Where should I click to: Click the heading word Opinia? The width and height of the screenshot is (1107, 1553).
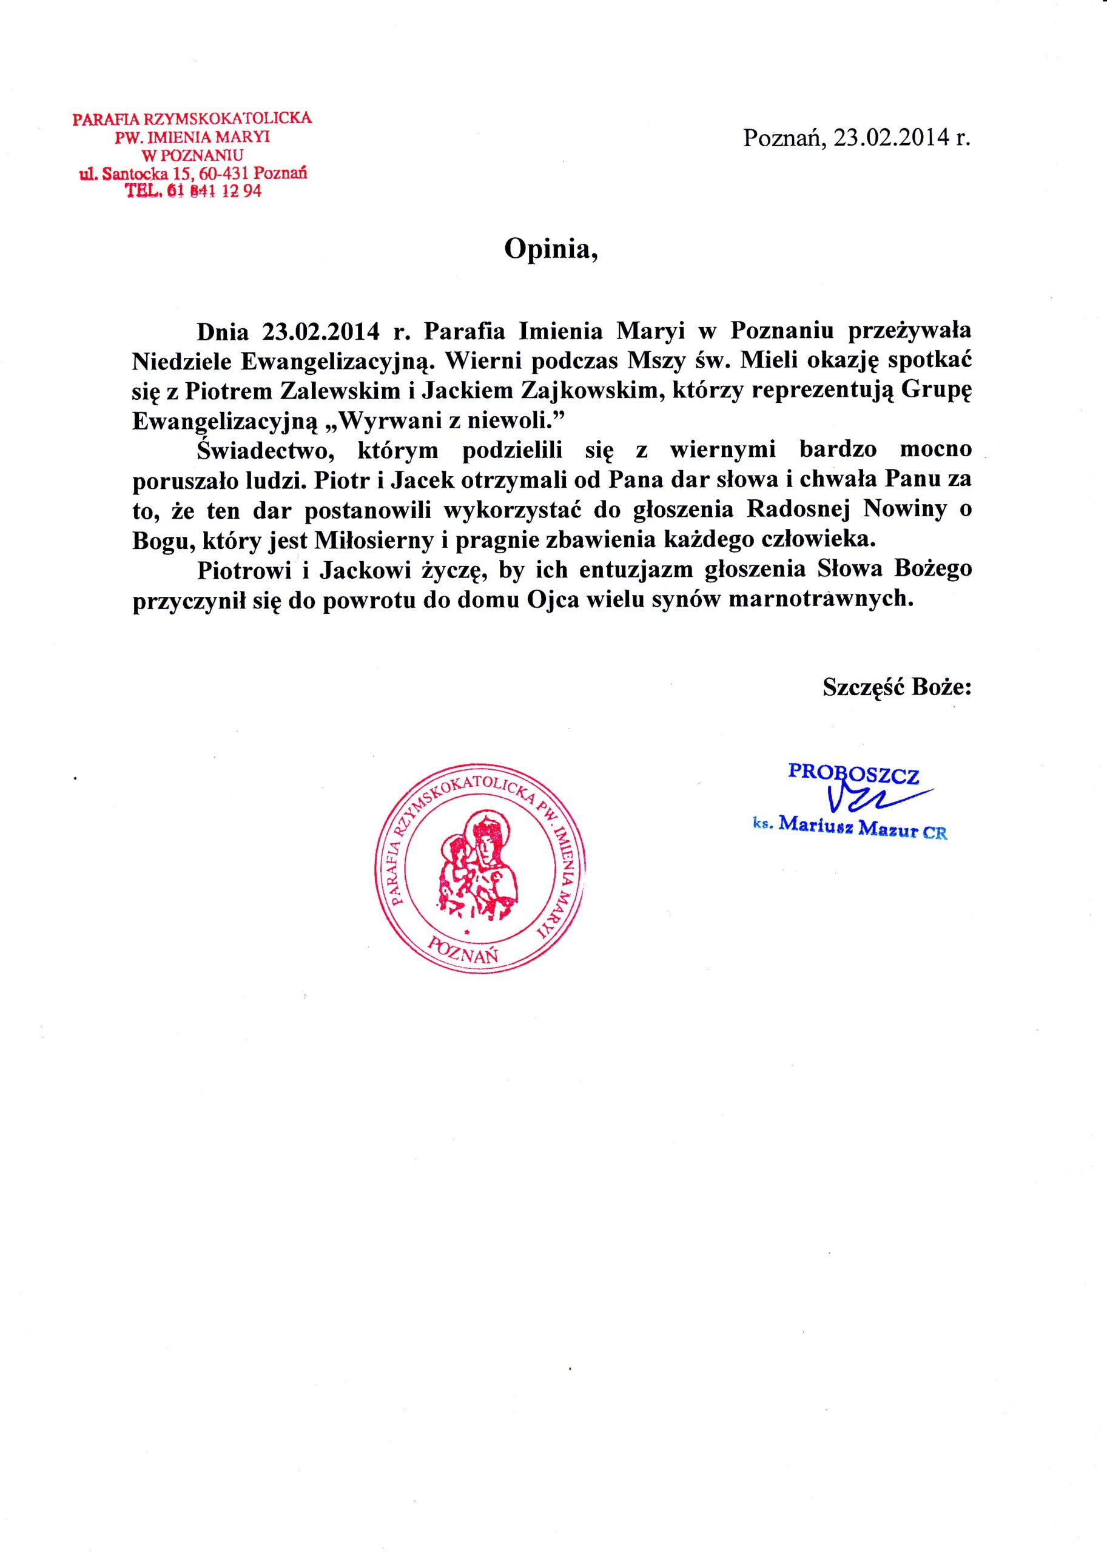[x=550, y=249]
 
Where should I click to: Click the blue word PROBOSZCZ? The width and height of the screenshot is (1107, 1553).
[x=853, y=773]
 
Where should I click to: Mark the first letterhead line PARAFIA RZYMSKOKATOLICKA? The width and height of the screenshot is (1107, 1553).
[x=193, y=118]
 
